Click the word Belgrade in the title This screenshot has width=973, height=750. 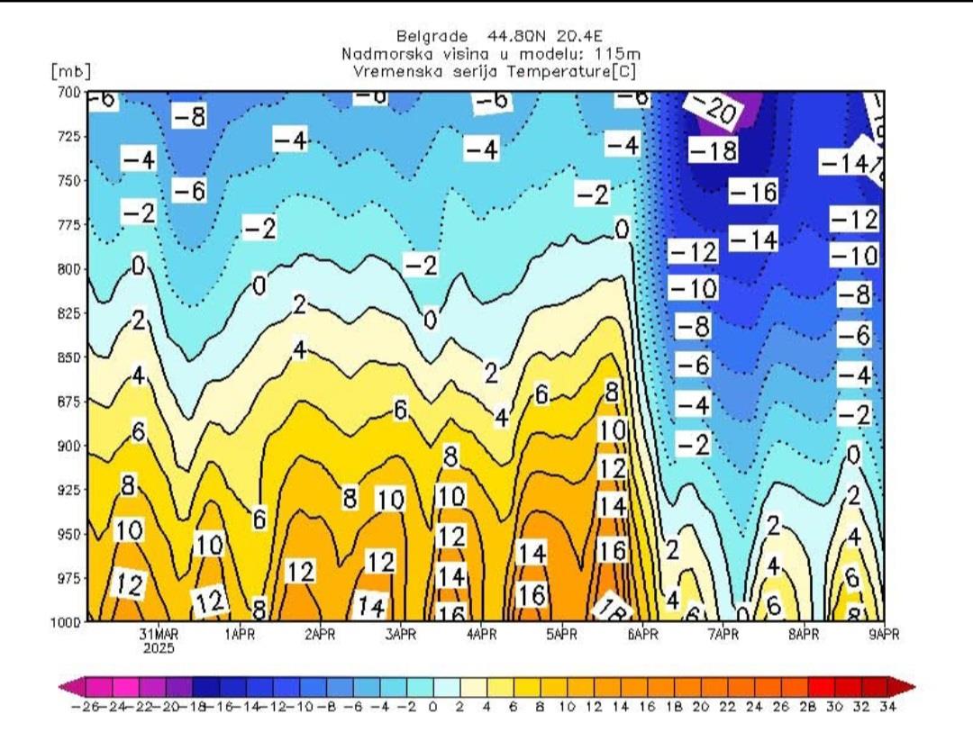(x=432, y=37)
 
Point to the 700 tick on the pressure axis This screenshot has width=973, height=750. (x=69, y=92)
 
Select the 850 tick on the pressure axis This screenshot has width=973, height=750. (x=69, y=357)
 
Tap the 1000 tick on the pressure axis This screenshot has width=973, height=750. (x=68, y=621)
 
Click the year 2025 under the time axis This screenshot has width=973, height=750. (x=159, y=647)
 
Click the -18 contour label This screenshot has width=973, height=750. (x=713, y=150)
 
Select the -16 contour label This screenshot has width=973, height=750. (x=753, y=191)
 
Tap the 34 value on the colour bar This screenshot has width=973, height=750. (x=887, y=707)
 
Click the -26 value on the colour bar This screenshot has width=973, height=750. (x=82, y=707)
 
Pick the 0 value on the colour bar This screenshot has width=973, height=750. (x=432, y=707)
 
